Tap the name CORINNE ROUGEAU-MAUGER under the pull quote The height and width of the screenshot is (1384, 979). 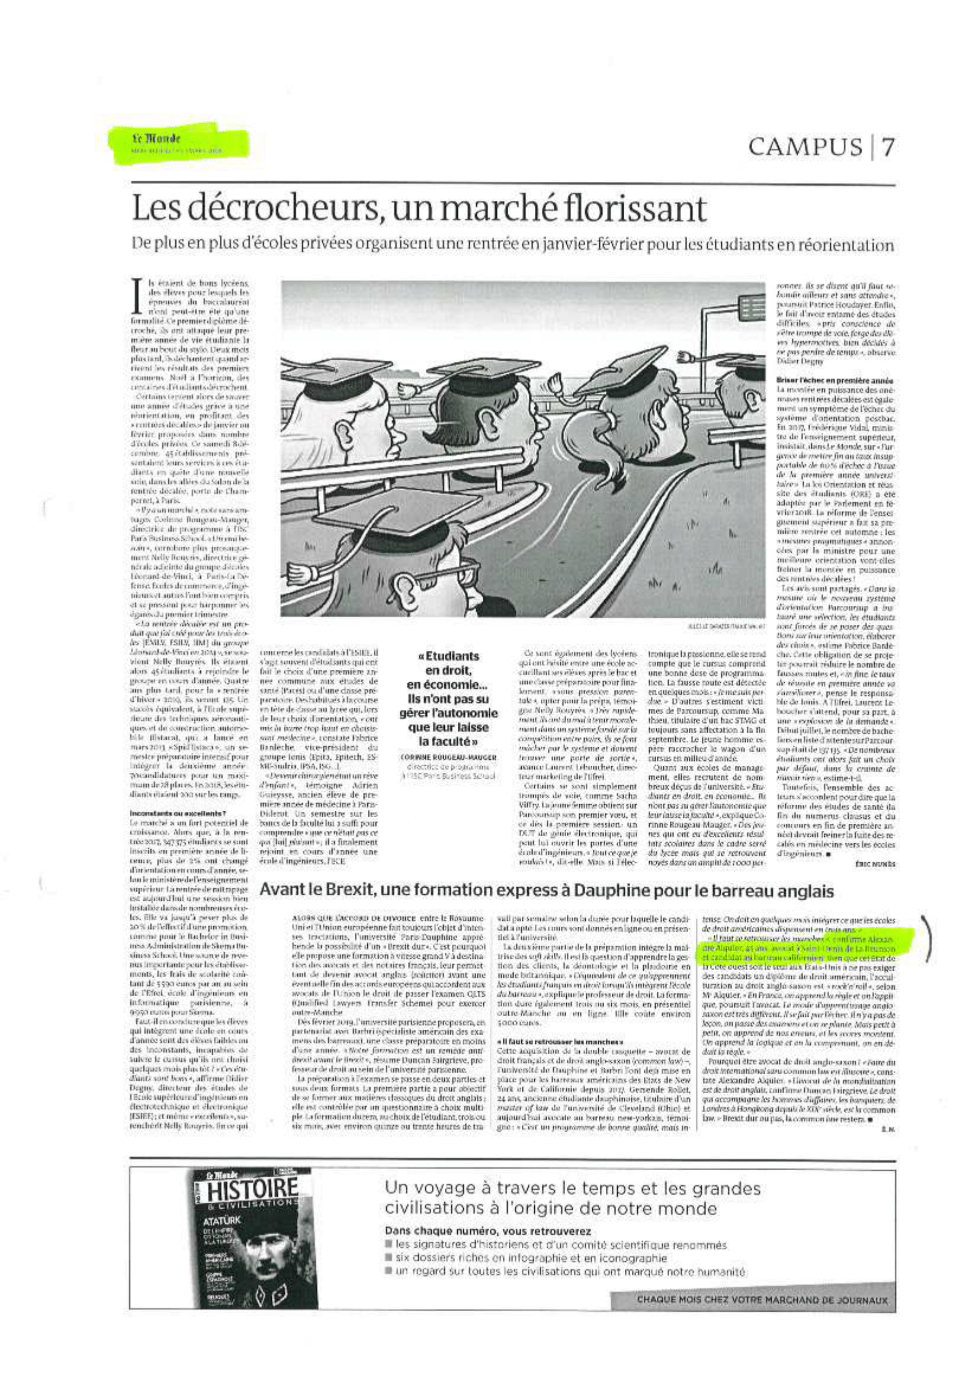449,757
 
